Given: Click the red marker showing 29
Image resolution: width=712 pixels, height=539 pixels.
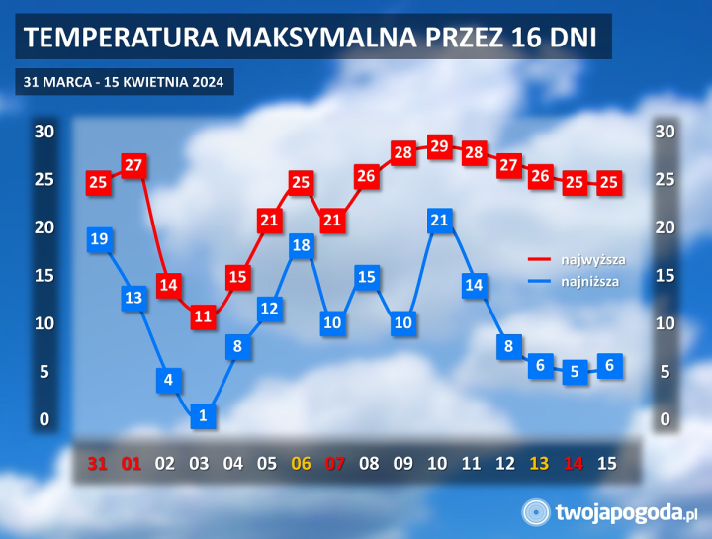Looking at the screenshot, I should tap(440, 146).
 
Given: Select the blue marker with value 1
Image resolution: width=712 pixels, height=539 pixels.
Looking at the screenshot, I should tap(203, 415).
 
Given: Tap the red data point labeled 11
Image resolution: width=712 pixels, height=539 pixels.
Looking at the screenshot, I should tap(203, 316).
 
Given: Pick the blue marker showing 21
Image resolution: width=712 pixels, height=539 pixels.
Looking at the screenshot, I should tap(440, 221).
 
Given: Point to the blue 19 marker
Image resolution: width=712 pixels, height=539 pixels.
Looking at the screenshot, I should tap(98, 239).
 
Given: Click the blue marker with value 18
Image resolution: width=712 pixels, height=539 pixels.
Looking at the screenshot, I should tap(304, 245).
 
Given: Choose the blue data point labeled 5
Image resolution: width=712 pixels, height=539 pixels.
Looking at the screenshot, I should tap(575, 373).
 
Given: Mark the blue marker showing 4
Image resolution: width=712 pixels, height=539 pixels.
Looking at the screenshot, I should tap(168, 380).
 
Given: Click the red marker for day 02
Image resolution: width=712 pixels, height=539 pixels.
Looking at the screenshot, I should tap(168, 285).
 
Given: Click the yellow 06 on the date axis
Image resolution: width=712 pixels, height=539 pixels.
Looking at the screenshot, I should tap(301, 463).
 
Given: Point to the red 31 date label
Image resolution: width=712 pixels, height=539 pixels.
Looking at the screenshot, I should tap(97, 463).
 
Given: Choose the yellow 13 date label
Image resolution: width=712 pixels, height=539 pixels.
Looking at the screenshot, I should tap(539, 463).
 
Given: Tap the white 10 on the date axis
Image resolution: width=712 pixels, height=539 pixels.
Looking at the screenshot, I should tap(437, 463).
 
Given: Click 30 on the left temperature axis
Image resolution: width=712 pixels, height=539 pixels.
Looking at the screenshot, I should tap(44, 132).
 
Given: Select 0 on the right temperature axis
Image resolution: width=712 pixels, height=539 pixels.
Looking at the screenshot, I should tap(666, 420).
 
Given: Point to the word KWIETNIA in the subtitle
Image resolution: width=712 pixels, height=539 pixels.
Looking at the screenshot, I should tap(148, 81).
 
